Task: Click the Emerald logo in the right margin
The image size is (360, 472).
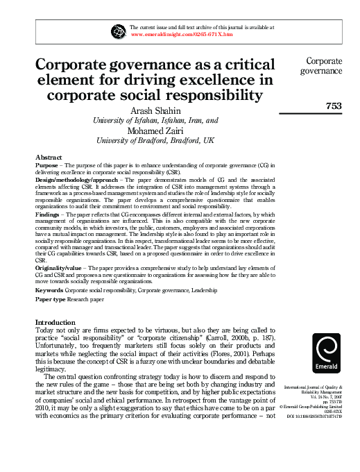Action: pyautogui.click(x=326, y=353)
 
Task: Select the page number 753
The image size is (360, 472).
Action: pyautogui.click(x=333, y=106)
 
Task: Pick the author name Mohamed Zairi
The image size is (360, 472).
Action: pyautogui.click(x=158, y=130)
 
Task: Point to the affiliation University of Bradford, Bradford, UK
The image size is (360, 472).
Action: pyautogui.click(x=155, y=140)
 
